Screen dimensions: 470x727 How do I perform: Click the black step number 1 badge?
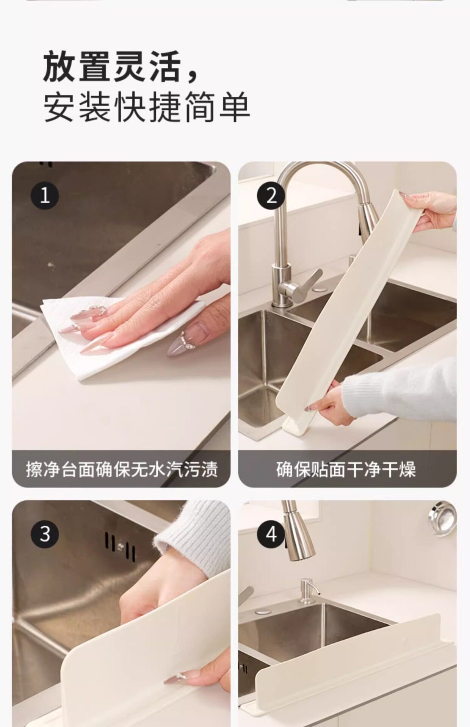click(45, 196)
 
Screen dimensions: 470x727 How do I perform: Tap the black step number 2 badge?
click(271, 196)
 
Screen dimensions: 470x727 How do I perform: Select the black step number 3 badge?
click(45, 534)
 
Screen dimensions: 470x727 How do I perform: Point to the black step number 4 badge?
click(271, 534)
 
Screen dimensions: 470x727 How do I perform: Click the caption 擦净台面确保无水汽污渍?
click(122, 469)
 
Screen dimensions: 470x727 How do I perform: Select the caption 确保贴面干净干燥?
click(346, 469)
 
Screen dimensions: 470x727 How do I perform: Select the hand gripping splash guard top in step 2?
click(432, 210)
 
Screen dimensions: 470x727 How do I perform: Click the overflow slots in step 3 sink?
click(121, 546)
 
